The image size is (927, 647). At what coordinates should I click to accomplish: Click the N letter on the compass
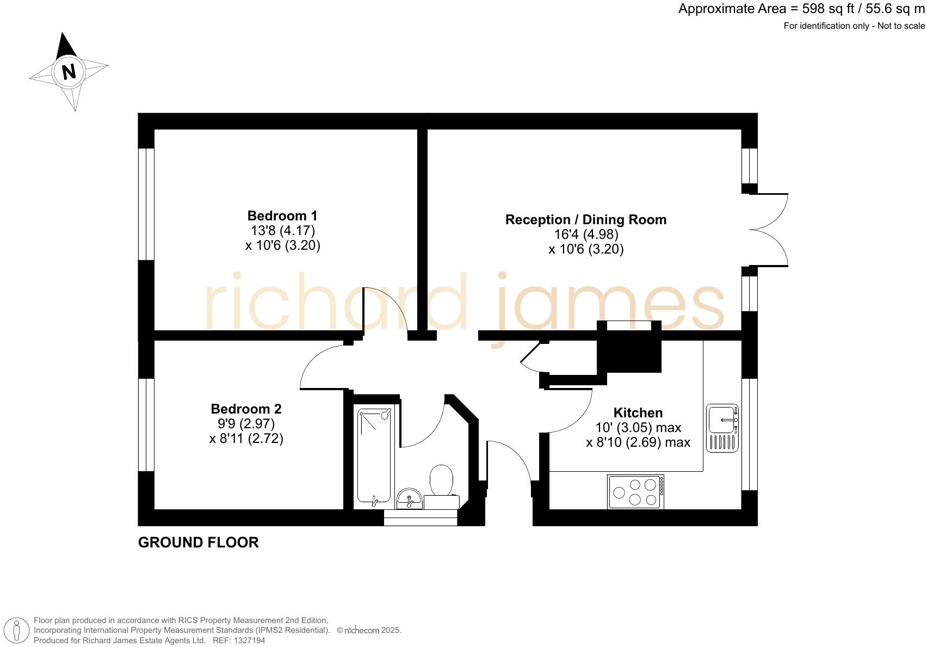point(69,72)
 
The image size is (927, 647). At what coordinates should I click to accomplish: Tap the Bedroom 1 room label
point(282,215)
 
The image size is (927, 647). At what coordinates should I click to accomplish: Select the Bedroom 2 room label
point(246,409)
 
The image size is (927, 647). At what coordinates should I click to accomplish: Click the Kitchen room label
point(638,412)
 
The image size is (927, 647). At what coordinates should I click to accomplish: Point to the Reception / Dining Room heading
point(585,220)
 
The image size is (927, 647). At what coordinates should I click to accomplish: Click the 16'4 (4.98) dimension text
point(586,235)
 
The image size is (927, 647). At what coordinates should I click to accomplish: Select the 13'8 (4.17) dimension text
point(282,230)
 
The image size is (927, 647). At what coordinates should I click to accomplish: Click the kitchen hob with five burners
point(635,492)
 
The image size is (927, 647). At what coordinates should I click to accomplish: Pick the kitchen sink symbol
point(722,428)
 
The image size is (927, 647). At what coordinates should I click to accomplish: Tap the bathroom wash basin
point(409,498)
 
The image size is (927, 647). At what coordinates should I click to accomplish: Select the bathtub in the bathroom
point(374,456)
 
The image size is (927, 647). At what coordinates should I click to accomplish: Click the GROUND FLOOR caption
point(198,543)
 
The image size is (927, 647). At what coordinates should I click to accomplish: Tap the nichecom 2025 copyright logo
point(368,631)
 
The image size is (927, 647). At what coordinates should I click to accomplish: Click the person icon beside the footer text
point(17,631)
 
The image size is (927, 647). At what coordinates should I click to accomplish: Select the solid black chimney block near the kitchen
point(629,353)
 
